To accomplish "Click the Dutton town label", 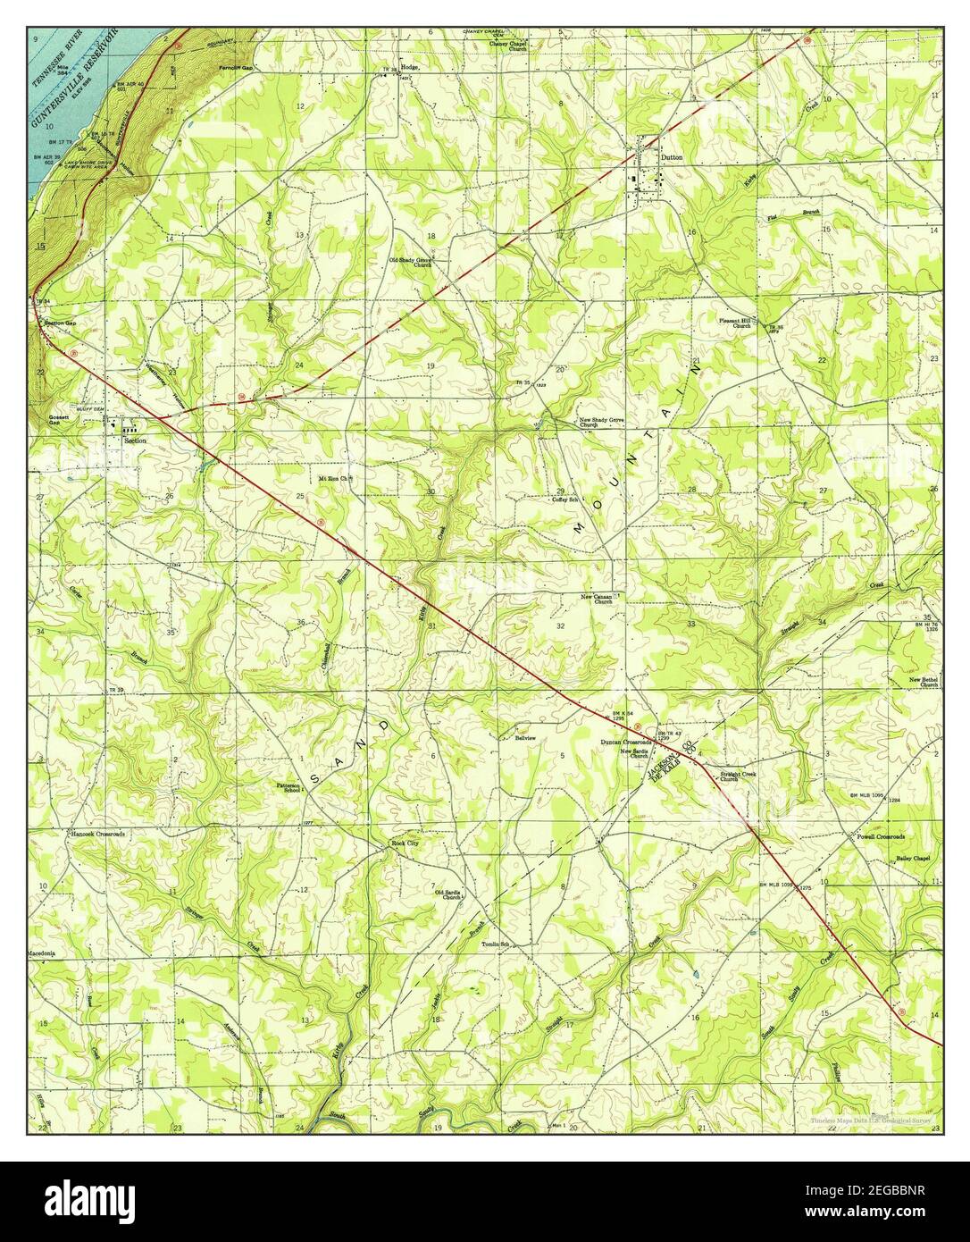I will (672, 156).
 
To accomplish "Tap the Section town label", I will (134, 441).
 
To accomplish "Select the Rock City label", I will (405, 843).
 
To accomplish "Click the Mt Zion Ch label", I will (337, 478).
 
